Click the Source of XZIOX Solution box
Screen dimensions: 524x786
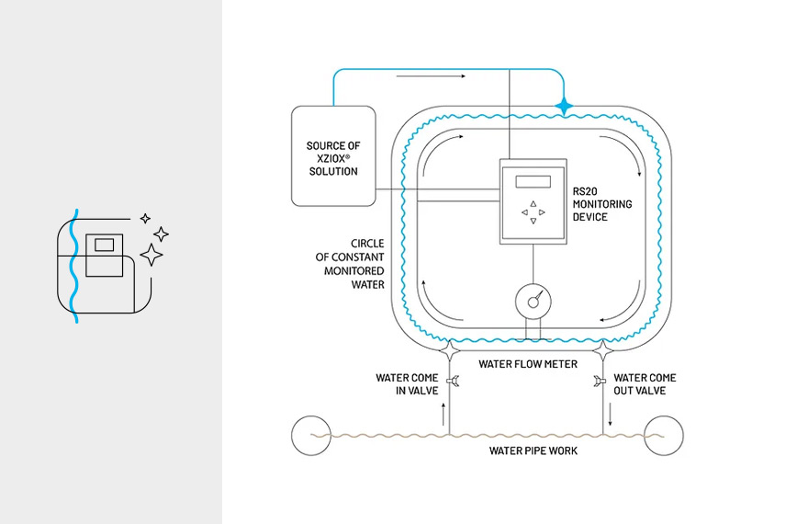coord(332,156)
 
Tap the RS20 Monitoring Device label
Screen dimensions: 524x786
coord(602,203)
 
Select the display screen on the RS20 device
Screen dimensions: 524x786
coord(533,181)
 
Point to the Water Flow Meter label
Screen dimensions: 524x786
coord(528,364)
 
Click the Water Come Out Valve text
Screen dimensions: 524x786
coord(645,384)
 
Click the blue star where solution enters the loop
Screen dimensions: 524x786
coord(564,107)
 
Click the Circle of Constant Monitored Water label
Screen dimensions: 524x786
coord(354,265)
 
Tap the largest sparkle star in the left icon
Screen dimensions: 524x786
coord(151,254)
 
